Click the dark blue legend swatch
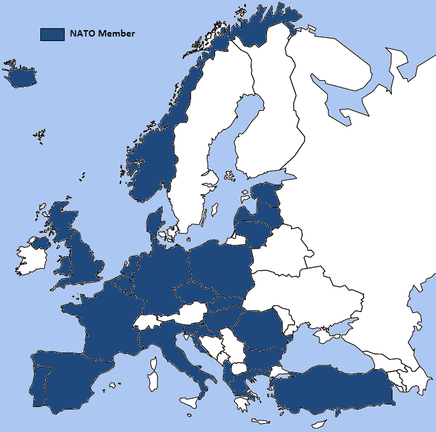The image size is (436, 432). click(x=52, y=34)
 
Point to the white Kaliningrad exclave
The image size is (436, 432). click(x=236, y=240)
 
